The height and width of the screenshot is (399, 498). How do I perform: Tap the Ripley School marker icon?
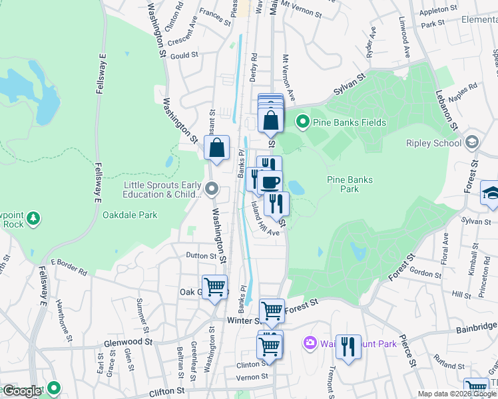473,142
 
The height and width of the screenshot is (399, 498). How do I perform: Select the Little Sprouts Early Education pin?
212,190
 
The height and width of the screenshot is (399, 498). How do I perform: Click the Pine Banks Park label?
350,184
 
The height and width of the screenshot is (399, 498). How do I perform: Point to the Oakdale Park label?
130,215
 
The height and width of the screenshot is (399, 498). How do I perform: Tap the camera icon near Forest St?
310,343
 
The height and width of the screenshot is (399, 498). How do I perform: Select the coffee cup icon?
270,182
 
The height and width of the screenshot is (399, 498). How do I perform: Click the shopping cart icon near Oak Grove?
214,287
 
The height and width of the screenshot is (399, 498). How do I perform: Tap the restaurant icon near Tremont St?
348,346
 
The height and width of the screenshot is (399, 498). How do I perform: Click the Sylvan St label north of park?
351,85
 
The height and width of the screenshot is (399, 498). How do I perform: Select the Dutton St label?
201,255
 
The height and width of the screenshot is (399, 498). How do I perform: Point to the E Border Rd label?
69,267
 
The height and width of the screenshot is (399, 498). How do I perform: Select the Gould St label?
184,56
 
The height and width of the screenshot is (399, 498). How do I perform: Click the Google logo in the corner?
22,391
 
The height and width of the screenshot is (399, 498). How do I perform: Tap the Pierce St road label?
413,356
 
